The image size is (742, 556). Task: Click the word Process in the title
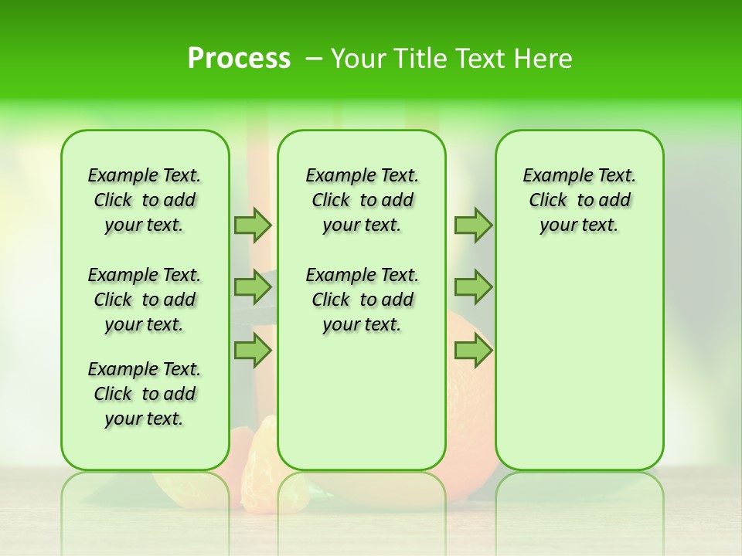coord(239,59)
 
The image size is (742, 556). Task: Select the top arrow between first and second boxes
coord(253,225)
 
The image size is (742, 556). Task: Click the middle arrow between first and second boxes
coord(253,287)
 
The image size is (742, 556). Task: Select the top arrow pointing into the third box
coord(473,225)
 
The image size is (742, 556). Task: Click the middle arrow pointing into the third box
coord(473,287)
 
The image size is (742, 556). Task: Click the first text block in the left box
coord(145,200)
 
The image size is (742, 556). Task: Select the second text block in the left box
coord(145,300)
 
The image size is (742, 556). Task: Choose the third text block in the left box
coord(145,394)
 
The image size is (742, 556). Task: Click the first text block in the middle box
coord(362,200)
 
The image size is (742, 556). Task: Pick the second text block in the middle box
coord(362,300)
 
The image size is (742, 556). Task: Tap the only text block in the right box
coord(579,200)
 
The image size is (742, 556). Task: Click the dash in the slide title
coord(313,59)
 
